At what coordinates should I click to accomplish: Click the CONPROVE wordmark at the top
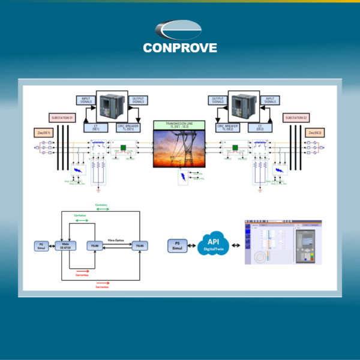180,48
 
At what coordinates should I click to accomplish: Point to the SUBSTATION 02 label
296,118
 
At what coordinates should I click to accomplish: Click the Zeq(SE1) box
46,132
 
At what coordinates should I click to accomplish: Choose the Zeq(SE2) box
314,132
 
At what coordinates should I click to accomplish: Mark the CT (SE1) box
96,127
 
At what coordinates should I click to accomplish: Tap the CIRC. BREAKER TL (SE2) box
229,127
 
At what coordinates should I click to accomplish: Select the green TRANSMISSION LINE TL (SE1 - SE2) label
179,125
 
